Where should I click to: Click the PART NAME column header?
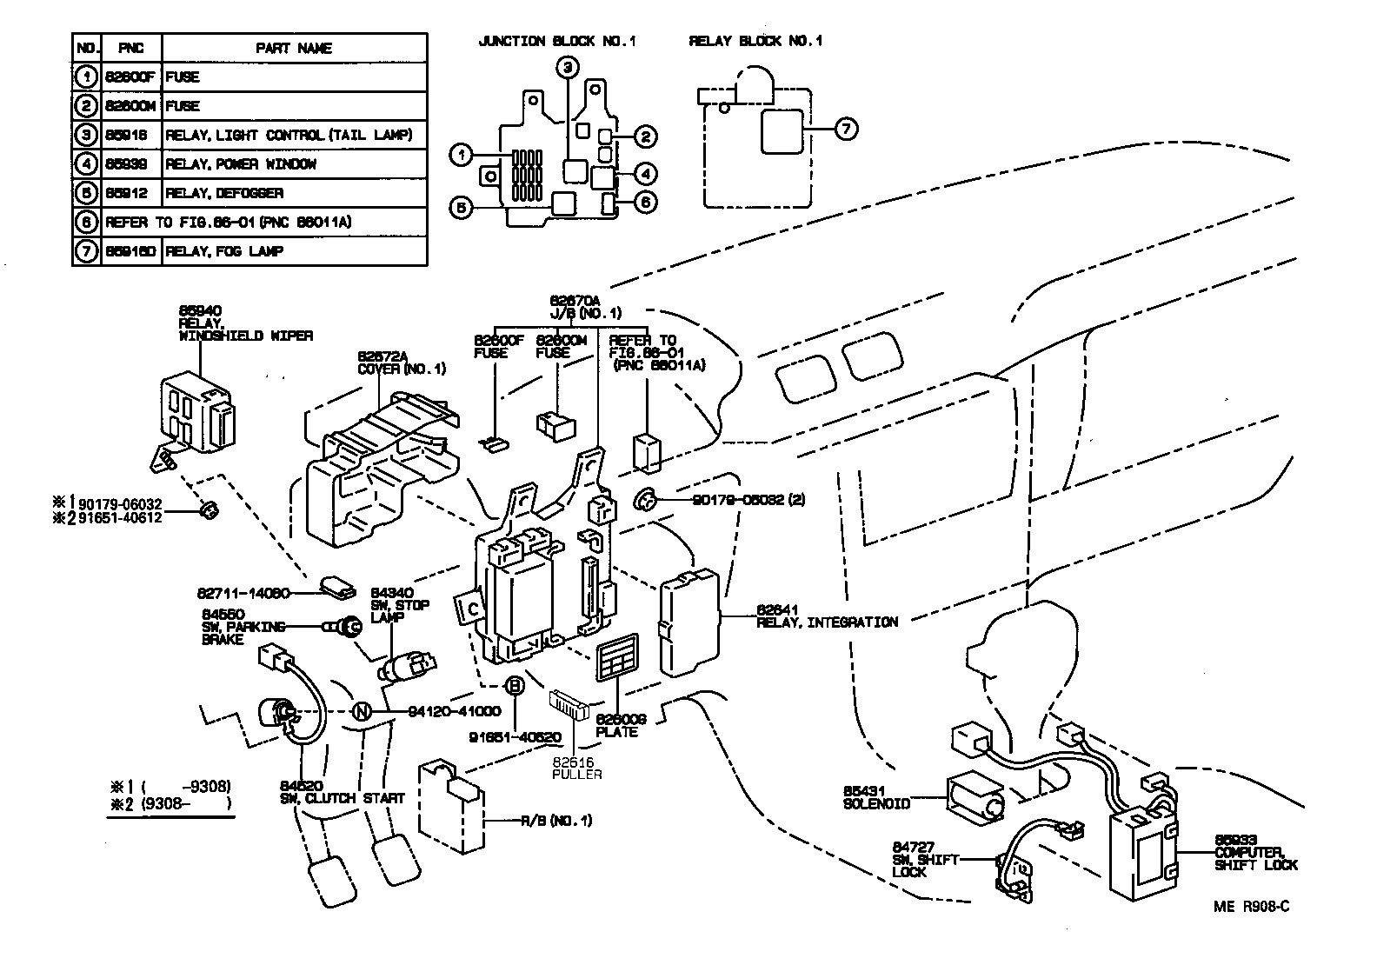tap(294, 49)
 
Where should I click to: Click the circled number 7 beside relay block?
tap(845, 129)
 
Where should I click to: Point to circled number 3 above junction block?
tap(567, 67)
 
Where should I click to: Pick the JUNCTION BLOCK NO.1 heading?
tap(557, 41)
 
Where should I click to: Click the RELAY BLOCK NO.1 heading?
tap(755, 41)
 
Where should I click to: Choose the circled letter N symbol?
tap(362, 711)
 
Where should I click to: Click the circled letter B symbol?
tap(515, 686)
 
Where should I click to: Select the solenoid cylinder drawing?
tap(975, 796)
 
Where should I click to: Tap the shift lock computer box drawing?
tap(1142, 854)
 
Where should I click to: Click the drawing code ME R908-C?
tap(1251, 906)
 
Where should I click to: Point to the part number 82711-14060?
tap(243, 594)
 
